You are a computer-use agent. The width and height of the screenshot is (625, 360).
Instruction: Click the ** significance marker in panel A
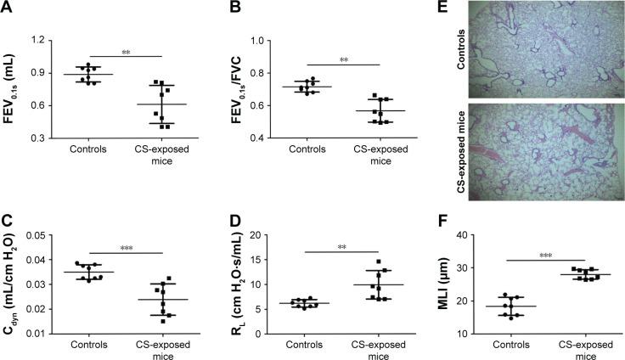(125, 53)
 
